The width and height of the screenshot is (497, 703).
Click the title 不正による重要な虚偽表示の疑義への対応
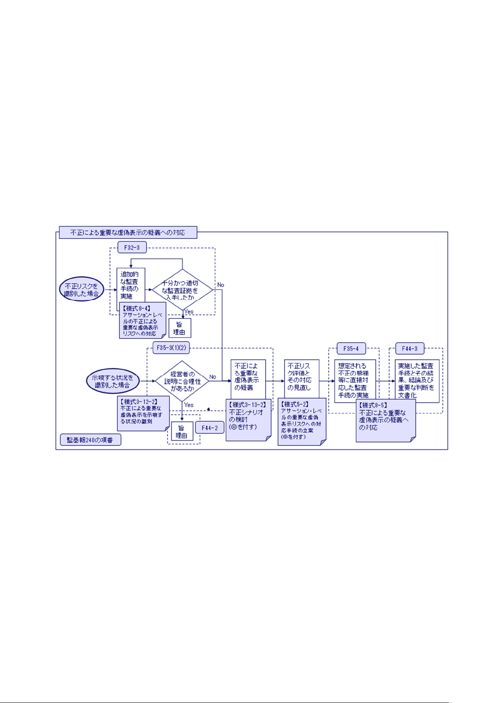(128, 232)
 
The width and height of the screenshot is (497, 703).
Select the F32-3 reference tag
(132, 247)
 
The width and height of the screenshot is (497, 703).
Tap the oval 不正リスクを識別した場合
(81, 290)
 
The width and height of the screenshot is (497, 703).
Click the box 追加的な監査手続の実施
(131, 285)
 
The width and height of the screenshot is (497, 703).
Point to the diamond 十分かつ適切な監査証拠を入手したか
(181, 290)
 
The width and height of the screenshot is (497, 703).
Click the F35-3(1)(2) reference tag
(171, 348)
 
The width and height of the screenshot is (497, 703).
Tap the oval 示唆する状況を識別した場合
(113, 381)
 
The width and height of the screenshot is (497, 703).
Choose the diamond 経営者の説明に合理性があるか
(182, 381)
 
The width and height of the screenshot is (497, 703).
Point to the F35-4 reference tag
(351, 348)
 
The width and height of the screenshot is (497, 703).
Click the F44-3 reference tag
(409, 348)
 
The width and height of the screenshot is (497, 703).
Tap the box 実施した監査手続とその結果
(417, 380)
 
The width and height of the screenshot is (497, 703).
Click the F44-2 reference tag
(210, 428)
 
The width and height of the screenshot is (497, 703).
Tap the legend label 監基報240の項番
(90, 440)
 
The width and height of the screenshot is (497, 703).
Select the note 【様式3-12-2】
(143, 413)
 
